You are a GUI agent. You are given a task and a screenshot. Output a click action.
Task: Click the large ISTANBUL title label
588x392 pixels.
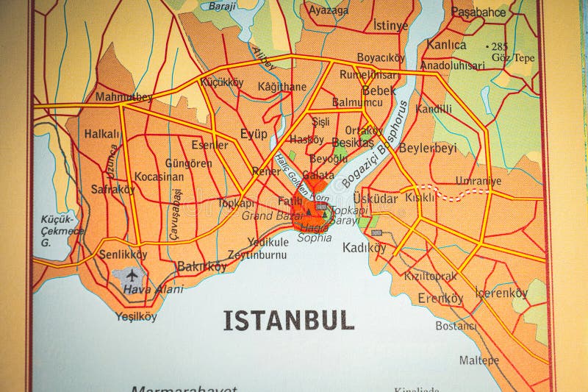click(x=288, y=320)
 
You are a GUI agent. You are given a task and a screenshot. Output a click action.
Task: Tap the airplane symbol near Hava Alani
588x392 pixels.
click(x=132, y=276)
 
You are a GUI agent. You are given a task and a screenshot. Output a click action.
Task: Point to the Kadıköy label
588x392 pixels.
click(x=364, y=248)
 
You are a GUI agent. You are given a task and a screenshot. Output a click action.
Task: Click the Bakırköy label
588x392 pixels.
click(x=202, y=266)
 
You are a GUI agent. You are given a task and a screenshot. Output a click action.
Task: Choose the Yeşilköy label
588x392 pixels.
click(x=136, y=317)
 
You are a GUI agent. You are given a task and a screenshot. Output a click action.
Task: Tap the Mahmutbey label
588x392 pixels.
click(x=123, y=96)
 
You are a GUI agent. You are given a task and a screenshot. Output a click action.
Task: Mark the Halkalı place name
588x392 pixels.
click(x=101, y=134)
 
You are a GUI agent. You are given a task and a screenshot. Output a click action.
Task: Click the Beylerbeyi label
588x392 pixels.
click(x=427, y=147)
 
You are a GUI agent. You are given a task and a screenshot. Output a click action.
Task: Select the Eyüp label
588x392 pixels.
click(x=254, y=134)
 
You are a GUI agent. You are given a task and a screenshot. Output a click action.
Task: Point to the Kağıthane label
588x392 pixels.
click(x=282, y=86)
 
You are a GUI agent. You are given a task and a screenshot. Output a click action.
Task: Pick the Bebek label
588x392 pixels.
click(x=379, y=90)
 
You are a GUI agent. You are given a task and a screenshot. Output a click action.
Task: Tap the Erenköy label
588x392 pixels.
click(x=440, y=298)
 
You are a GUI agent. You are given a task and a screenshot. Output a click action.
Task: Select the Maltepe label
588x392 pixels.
click(x=479, y=360)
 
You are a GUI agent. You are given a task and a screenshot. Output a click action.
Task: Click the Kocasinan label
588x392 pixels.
click(x=159, y=177)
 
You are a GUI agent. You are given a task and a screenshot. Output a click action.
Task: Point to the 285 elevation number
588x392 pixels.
click(x=500, y=46)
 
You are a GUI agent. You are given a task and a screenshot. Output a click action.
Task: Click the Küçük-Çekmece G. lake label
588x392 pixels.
click(x=57, y=230)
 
